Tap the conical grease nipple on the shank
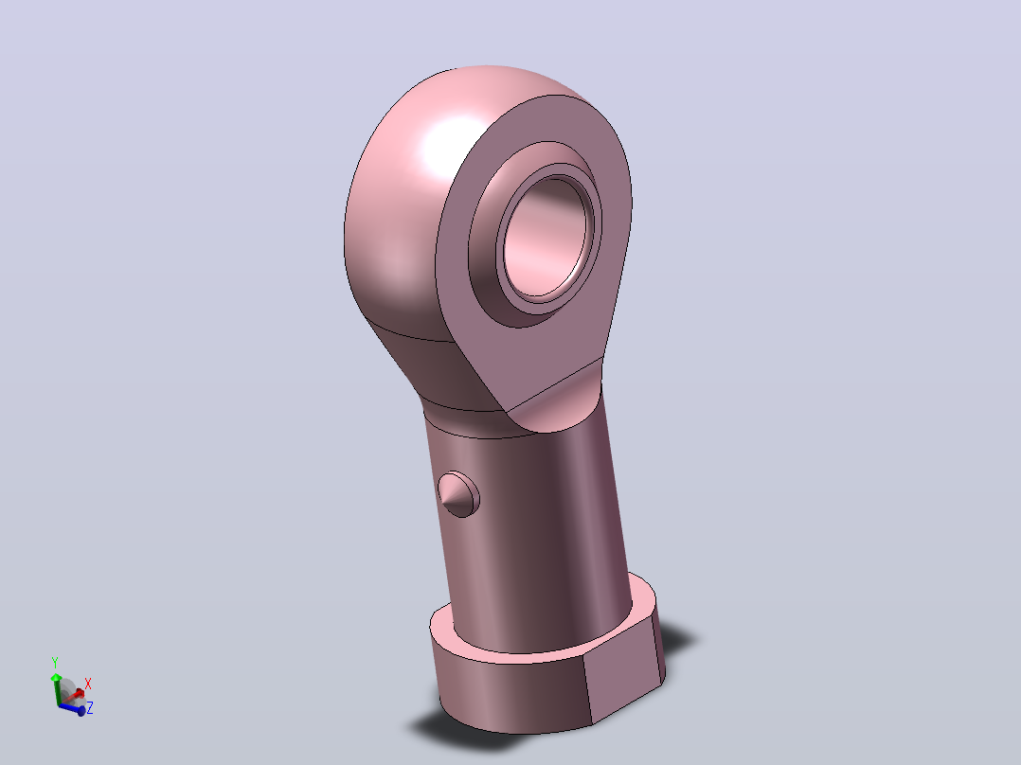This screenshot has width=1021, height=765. pos(459,495)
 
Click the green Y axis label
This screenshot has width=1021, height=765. pos(55,663)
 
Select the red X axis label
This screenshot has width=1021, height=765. pos(88,684)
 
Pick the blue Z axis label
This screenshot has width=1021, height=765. pos(90,707)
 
